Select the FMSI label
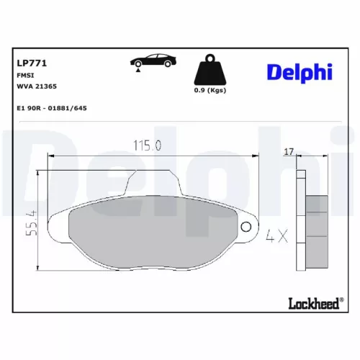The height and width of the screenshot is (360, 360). point(24,75)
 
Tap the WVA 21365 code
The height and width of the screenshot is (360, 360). point(36,86)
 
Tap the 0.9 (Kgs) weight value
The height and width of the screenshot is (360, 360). point(210,91)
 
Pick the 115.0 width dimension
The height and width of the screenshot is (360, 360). point(146,145)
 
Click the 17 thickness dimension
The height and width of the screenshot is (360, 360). point(289,151)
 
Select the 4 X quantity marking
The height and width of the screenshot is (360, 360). point(276,235)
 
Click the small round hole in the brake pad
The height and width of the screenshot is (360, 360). point(246,228)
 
